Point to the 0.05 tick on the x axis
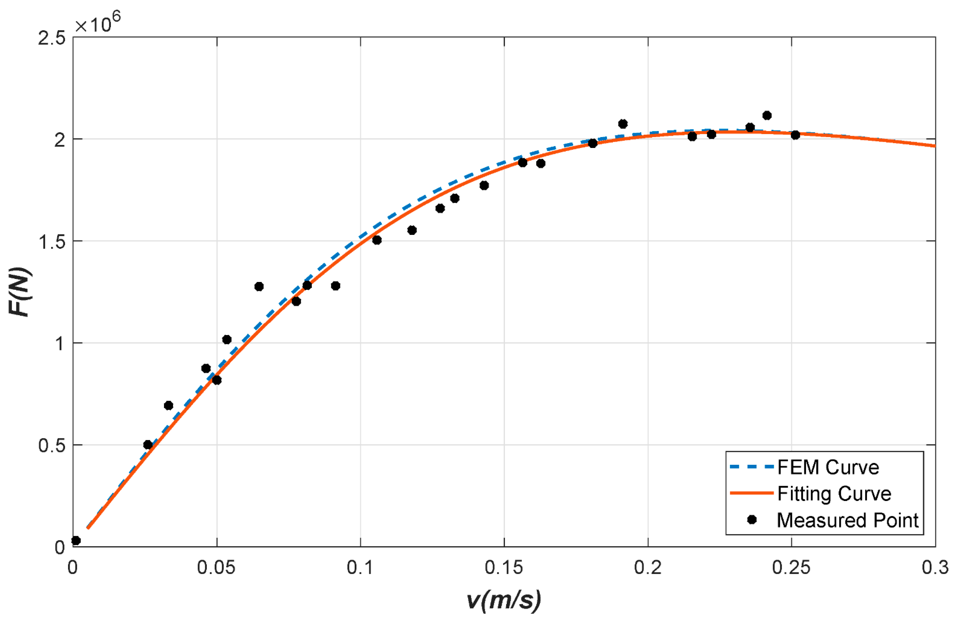point(216,567)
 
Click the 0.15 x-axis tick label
point(503,567)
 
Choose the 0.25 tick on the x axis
point(791,567)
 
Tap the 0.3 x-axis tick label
point(935,567)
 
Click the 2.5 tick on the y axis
point(51,38)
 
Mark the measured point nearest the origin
point(76,541)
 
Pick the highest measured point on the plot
point(767,116)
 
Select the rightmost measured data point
point(795,135)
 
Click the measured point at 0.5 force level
point(147,445)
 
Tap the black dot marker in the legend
point(751,520)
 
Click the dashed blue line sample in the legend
point(751,467)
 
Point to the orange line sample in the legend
point(751,493)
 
